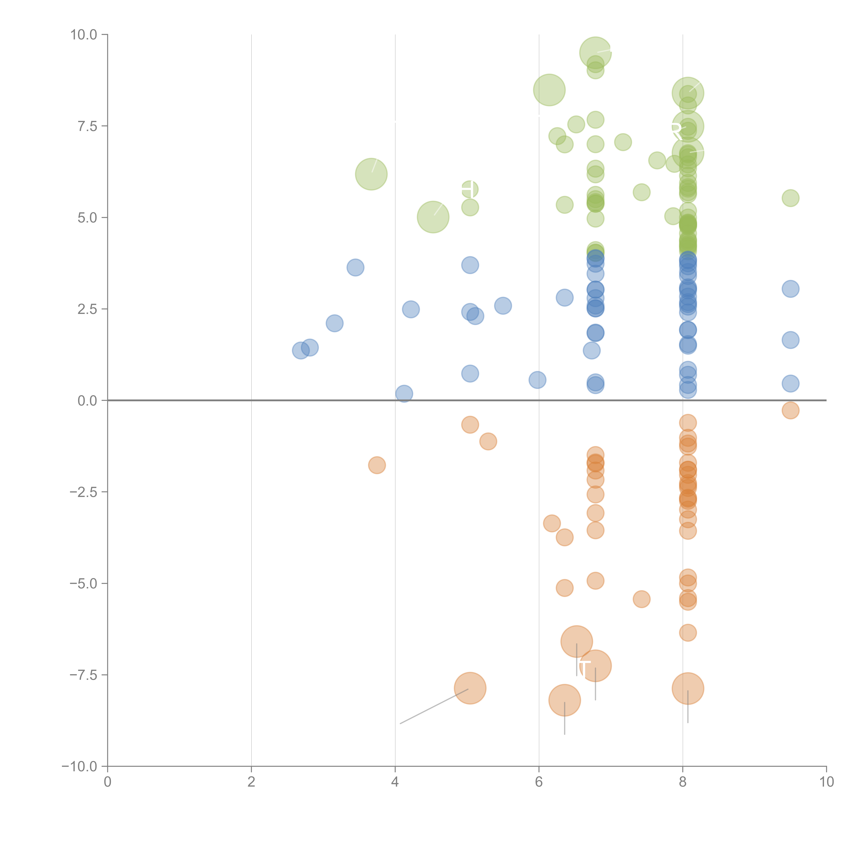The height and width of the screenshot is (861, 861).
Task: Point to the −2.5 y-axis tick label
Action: coord(83,492)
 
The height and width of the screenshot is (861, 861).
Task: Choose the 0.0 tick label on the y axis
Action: coord(87,401)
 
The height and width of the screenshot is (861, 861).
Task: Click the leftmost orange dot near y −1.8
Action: coord(377,465)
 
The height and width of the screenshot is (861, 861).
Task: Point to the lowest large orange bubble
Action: coord(565,700)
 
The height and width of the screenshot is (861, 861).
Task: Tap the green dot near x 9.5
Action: coord(790,198)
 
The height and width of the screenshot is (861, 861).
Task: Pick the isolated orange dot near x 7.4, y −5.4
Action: coord(641,599)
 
